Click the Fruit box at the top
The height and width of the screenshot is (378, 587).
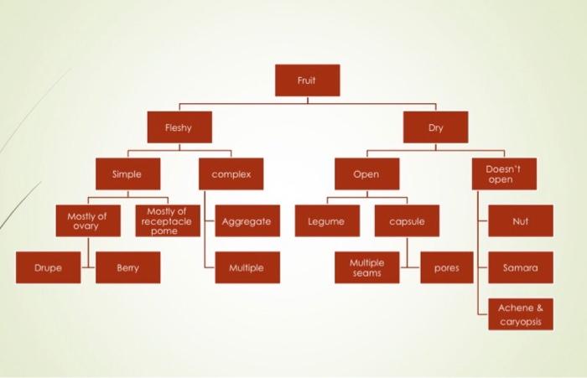(307, 80)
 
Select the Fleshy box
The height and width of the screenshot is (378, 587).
(179, 127)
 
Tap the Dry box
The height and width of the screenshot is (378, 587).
(435, 127)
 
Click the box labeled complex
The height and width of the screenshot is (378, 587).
(231, 174)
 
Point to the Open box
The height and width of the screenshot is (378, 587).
(366, 174)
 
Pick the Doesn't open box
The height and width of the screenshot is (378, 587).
(504, 174)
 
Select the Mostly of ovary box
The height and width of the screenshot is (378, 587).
(87, 221)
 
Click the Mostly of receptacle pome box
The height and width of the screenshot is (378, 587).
(167, 221)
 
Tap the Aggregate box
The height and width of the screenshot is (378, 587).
(247, 221)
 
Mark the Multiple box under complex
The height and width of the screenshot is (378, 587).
(247, 268)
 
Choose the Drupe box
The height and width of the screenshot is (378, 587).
(48, 268)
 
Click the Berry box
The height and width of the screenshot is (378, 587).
(127, 268)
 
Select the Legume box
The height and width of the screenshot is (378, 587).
(327, 221)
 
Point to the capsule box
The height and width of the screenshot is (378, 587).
(407, 221)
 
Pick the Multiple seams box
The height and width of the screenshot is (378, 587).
(367, 268)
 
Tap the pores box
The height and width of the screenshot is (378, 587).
(446, 268)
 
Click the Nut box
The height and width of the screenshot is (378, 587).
(520, 221)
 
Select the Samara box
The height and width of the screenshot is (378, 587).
(520, 268)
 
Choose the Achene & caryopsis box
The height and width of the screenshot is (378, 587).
(520, 314)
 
